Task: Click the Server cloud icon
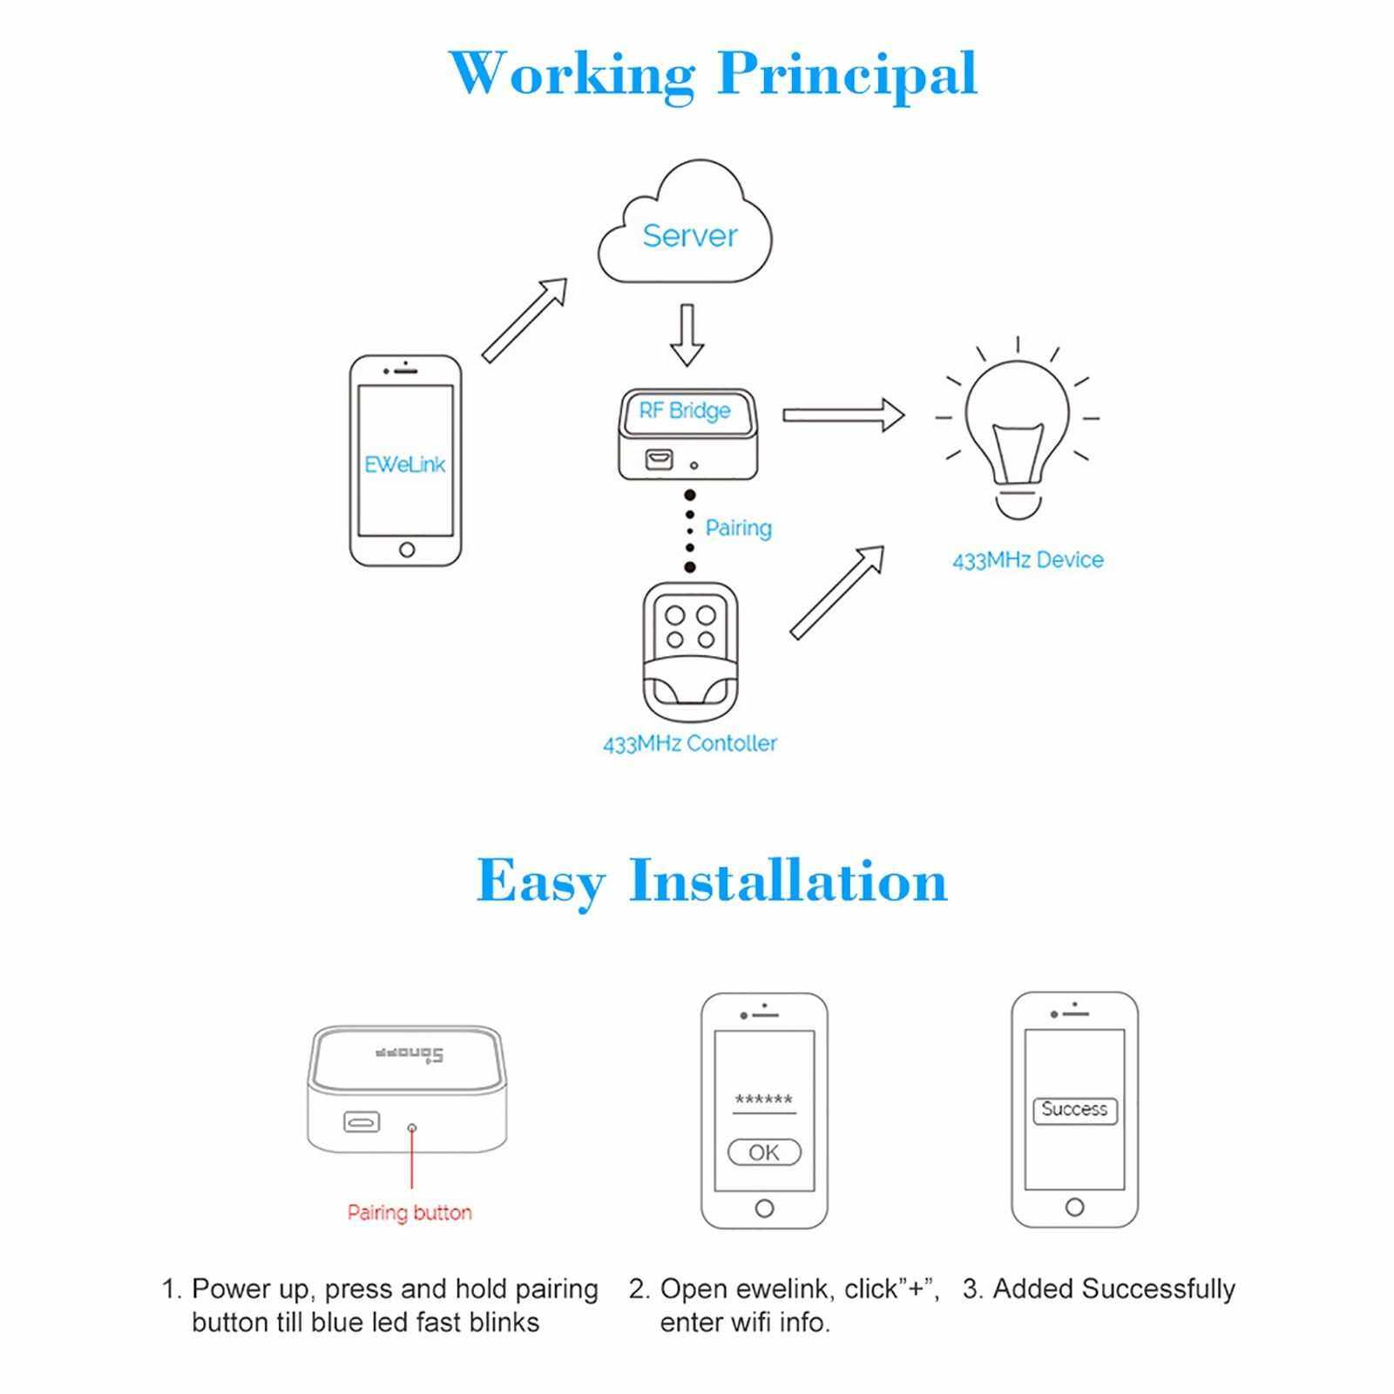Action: pos(686,228)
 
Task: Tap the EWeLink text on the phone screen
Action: pos(405,464)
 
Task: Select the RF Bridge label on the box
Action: pos(685,410)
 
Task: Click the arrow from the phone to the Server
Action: pos(524,320)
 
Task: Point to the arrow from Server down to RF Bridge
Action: pos(687,335)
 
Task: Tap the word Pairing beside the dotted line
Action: pos(739,528)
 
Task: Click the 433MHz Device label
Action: pos(1027,559)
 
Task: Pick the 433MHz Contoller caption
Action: pos(689,743)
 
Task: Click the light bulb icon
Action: pos(1017,436)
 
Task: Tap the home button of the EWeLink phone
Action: pos(406,550)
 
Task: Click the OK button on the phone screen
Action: pos(764,1152)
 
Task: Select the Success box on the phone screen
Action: pos(1074,1110)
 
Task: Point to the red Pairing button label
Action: pos(409,1212)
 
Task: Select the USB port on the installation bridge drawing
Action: pos(362,1121)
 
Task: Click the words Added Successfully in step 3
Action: pos(1113,1289)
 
